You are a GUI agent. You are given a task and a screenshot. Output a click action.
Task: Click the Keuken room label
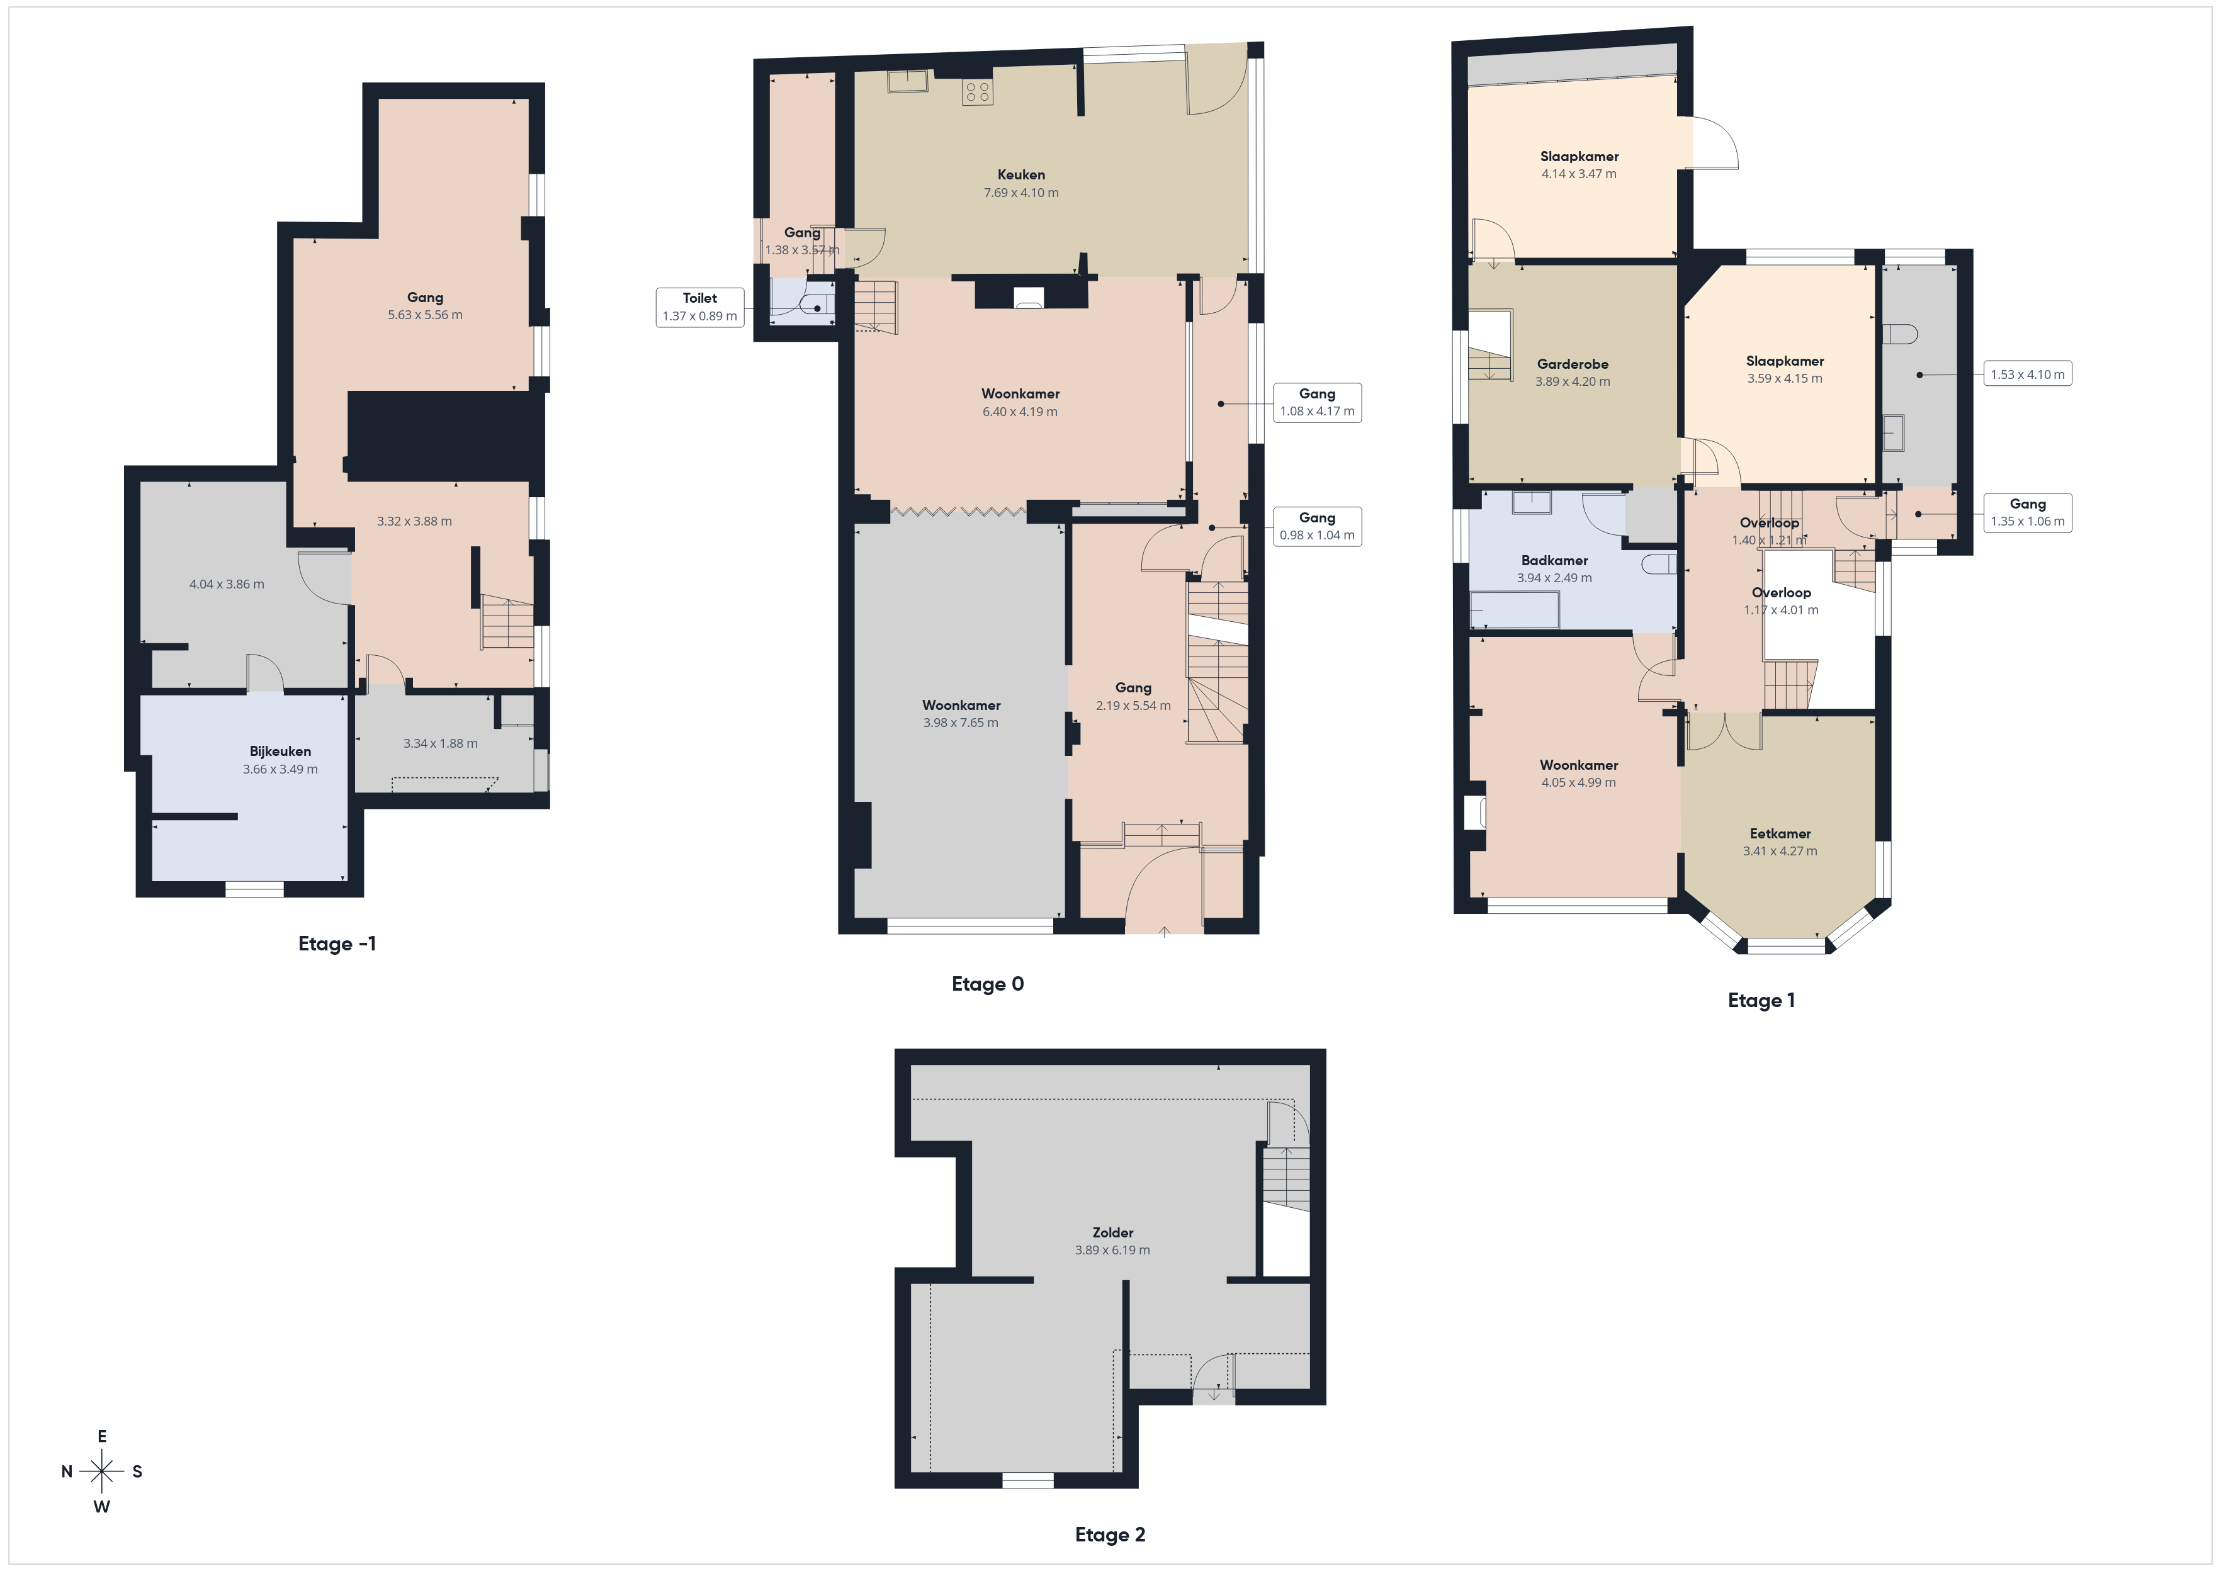point(1022,175)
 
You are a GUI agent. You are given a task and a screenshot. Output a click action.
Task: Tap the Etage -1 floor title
point(337,944)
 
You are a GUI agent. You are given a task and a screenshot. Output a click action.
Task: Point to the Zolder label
point(1112,1232)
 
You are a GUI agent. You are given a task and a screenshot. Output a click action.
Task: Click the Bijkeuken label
point(281,752)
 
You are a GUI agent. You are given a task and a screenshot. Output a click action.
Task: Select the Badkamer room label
point(1554,561)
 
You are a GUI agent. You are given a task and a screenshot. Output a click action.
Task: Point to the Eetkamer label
point(1780,834)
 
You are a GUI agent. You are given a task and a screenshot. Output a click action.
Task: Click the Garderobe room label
point(1573,364)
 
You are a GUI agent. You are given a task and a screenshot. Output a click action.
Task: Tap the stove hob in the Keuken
point(977,92)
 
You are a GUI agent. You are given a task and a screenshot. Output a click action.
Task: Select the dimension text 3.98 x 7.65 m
point(961,723)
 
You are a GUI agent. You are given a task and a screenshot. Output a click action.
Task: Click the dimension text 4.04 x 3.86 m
point(227,584)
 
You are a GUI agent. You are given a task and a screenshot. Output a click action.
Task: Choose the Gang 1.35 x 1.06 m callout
point(2028,513)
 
